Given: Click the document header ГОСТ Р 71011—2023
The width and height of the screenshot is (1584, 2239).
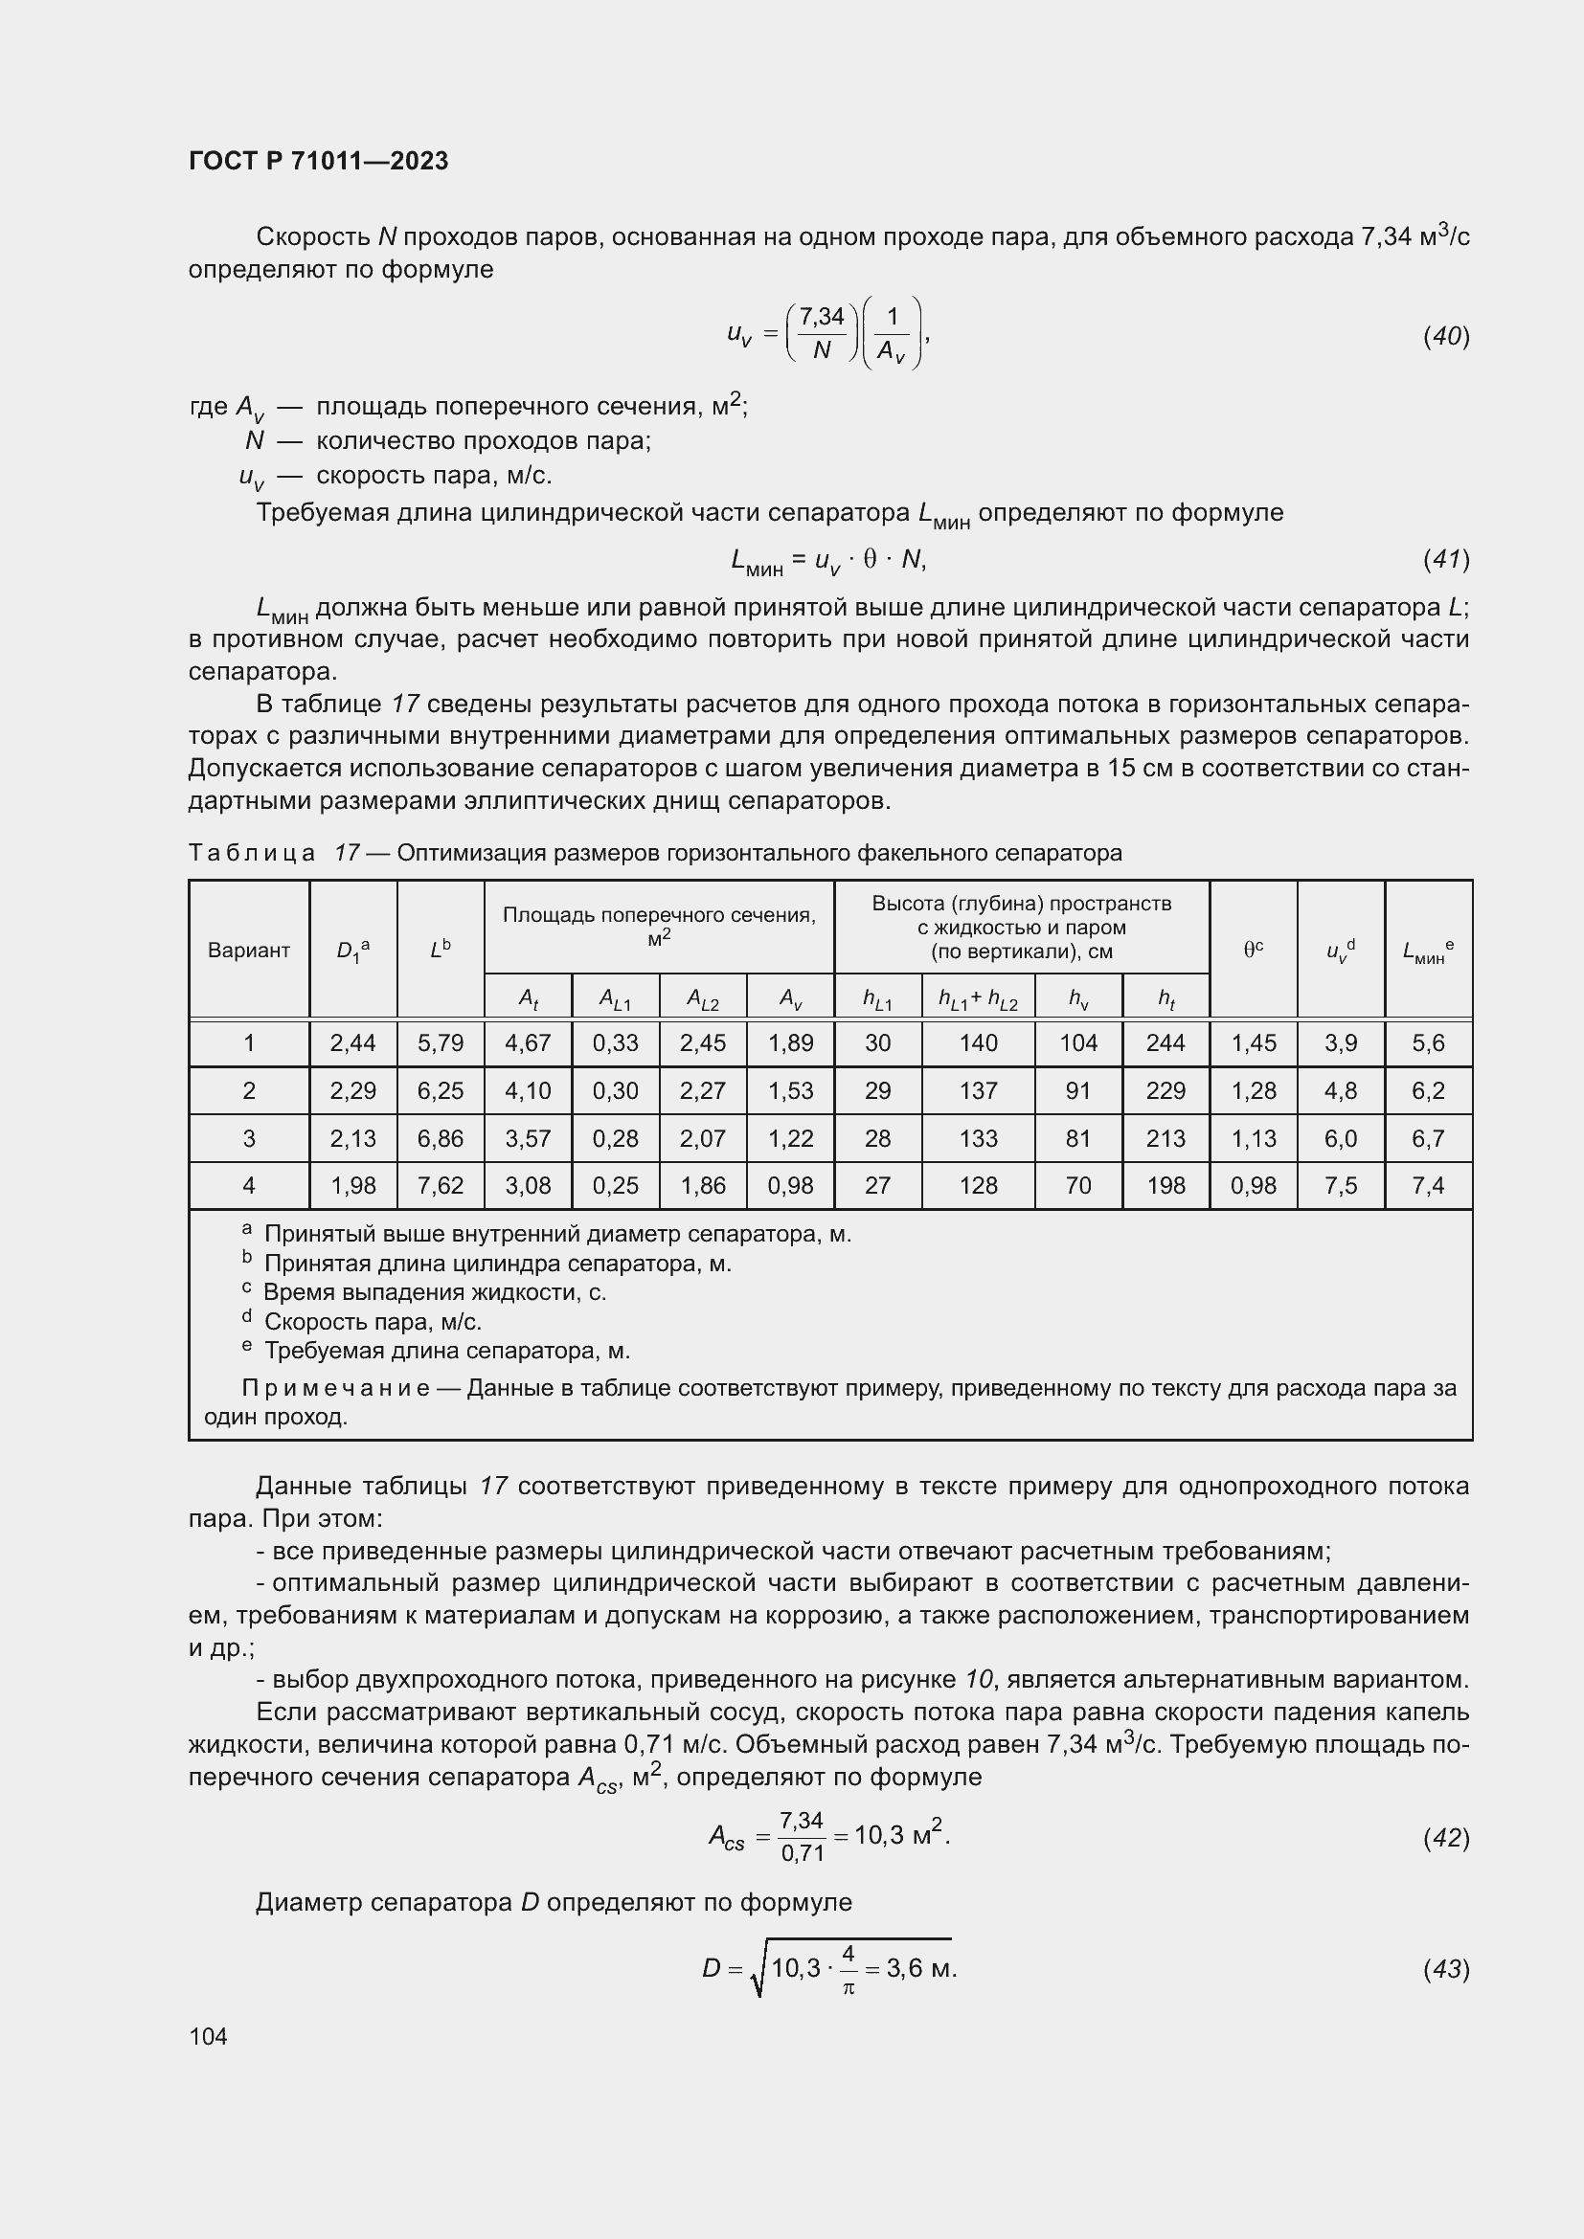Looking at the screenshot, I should pos(318,161).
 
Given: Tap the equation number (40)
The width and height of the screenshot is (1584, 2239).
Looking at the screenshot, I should pos(1445,336).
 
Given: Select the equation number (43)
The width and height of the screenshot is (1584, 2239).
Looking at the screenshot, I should pos(1445,1969).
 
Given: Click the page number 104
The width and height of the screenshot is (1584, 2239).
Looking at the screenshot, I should pos(208,2036).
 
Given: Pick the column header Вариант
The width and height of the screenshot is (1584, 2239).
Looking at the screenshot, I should pos(249,950).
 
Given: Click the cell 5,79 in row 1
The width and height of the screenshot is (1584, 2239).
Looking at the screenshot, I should pos(440,1043).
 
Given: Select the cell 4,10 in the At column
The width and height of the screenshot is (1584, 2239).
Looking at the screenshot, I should pos(528,1090).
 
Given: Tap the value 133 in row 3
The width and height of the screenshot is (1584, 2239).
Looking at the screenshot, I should pos(978,1138).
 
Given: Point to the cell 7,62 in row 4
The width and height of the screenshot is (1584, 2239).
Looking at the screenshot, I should pos(440,1186).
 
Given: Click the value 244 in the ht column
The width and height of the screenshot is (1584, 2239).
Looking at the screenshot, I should pos(1165,1043).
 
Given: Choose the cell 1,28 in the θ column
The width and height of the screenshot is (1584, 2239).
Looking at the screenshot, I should pos(1253,1090).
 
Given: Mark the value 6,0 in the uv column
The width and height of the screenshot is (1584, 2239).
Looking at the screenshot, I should pos(1340,1138).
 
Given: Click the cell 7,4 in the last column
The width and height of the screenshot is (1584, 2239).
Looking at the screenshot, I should pos(1428,1186).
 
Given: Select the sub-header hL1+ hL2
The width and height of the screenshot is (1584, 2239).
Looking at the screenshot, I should pos(978,998).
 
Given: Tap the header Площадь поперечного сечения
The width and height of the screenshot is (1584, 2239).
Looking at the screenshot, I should pos(658,916).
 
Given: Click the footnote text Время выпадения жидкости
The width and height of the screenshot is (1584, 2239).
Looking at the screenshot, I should pos(434,1292).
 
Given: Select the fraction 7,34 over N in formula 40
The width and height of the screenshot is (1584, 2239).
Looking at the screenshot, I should pos(822,333).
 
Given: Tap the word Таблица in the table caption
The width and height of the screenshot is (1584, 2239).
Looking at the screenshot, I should pos(252,853).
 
